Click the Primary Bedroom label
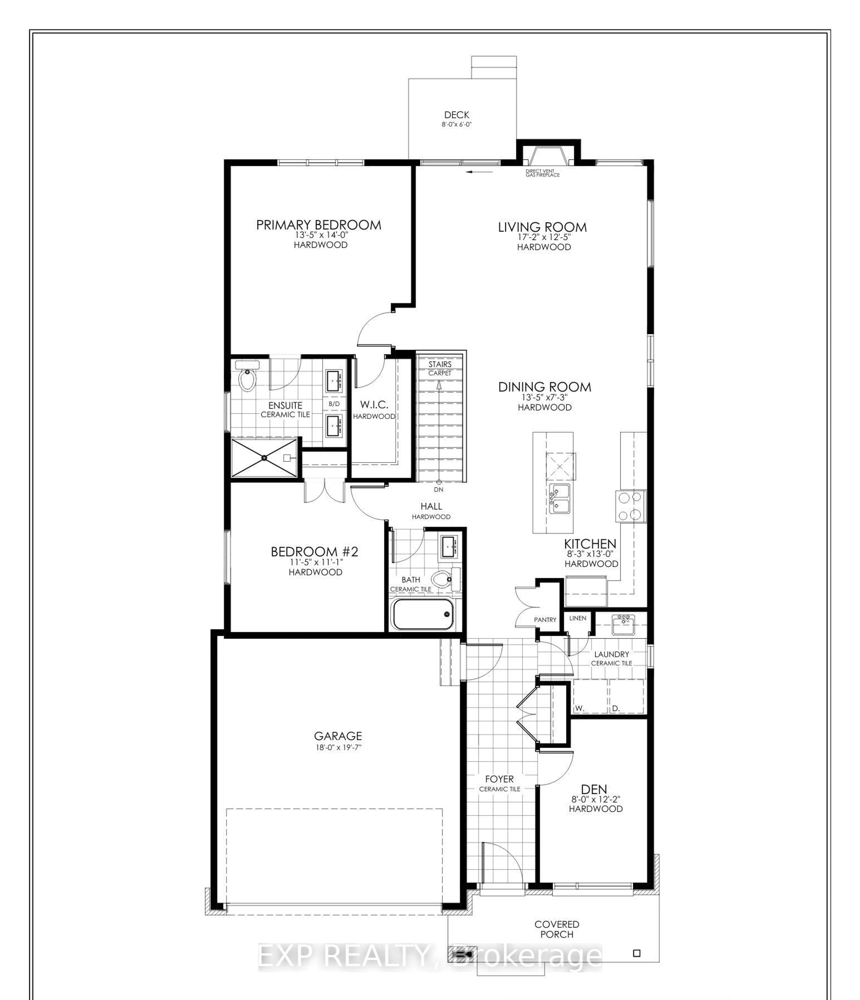click(x=318, y=225)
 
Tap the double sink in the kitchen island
click(x=559, y=499)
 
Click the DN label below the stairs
click(x=438, y=489)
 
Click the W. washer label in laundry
click(x=580, y=709)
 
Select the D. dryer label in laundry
click(x=616, y=709)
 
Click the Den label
click(x=594, y=790)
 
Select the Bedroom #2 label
click(x=315, y=552)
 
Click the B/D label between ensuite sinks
click(x=334, y=403)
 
